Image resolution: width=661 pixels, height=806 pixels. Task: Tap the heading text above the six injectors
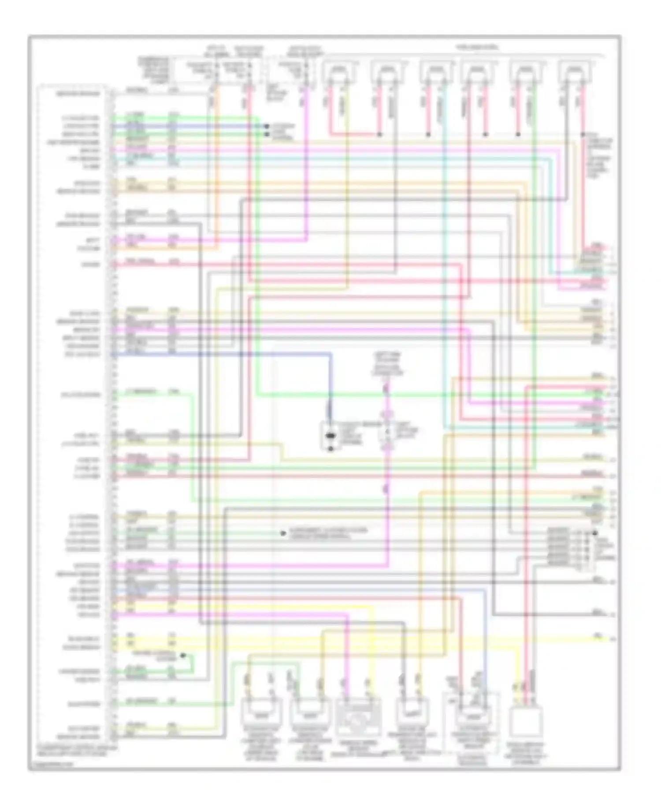[477, 47]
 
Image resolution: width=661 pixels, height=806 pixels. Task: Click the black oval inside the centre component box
[330, 437]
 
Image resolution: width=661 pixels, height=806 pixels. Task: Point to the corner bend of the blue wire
[330, 354]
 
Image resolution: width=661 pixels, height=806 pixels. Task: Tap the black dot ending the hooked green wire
[183, 656]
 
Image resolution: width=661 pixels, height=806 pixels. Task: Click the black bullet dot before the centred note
[283, 534]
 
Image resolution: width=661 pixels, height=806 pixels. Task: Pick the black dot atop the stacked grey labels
[595, 533]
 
